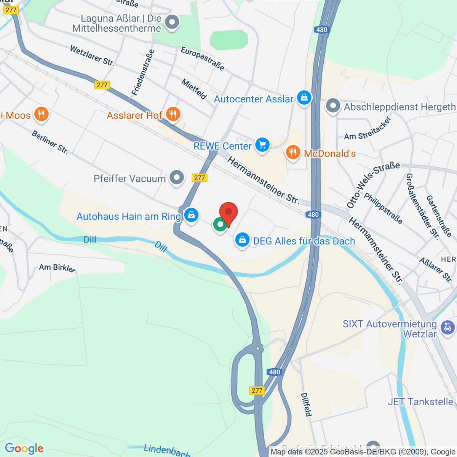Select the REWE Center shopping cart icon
(262, 145)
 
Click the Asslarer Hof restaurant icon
(173, 114)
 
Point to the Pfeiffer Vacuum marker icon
(176, 177)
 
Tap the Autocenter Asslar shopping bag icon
(304, 98)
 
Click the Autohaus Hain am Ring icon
(191, 216)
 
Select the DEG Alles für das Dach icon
(242, 240)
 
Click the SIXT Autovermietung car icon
(447, 327)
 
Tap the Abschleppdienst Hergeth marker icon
(333, 106)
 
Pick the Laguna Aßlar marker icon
(172, 22)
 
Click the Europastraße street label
(202, 59)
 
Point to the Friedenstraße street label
(143, 72)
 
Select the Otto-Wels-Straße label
(373, 184)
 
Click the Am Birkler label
(57, 267)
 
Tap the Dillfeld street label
(306, 404)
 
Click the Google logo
(24, 449)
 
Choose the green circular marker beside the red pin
(220, 225)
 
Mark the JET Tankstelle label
(420, 402)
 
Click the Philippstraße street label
(383, 208)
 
